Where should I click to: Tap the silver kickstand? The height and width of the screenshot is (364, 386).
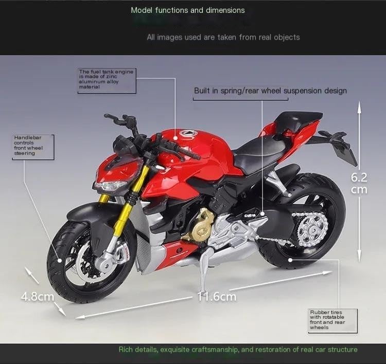click(205, 267)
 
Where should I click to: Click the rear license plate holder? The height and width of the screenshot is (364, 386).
click(344, 149)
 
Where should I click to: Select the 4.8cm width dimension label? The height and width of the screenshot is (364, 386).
click(37, 296)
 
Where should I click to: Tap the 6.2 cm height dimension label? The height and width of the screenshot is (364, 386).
click(359, 183)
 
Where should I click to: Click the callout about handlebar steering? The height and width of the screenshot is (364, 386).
click(32, 145)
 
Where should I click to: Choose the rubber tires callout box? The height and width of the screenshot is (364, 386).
click(326, 319)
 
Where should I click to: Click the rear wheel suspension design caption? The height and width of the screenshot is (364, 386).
click(270, 91)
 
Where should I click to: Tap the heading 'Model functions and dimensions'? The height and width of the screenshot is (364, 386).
click(188, 10)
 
